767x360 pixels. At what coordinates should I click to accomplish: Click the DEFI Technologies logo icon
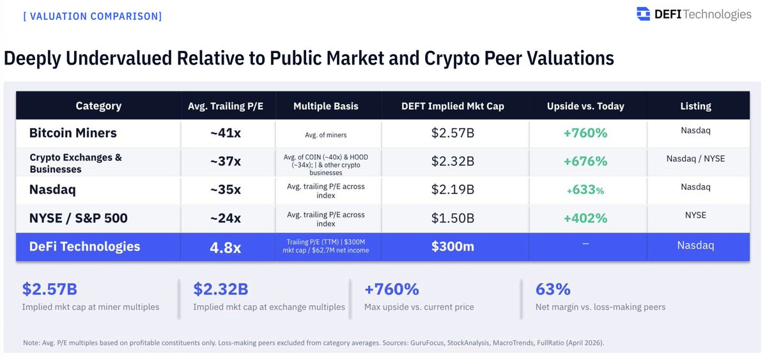643,13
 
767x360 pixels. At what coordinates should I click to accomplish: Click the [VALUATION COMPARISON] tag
92,15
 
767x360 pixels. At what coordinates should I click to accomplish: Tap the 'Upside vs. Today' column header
585,106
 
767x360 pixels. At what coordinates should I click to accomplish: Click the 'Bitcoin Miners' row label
73,134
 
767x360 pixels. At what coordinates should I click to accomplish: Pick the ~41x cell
226,134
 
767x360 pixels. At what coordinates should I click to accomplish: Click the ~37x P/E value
226,162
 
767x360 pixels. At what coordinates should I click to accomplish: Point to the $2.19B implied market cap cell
453,190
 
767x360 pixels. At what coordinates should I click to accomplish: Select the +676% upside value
585,162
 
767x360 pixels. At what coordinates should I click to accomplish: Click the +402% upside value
585,218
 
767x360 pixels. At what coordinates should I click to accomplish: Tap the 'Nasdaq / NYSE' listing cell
695,159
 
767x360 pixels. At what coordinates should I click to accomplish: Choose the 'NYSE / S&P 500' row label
78,218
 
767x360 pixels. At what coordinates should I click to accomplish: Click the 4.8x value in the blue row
226,247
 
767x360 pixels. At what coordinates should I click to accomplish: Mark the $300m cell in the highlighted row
453,247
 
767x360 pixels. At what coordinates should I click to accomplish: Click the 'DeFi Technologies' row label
84,247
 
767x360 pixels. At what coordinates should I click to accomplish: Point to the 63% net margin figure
553,290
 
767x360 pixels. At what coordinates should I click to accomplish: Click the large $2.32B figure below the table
221,290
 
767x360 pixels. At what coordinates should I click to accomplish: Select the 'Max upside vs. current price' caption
419,307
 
